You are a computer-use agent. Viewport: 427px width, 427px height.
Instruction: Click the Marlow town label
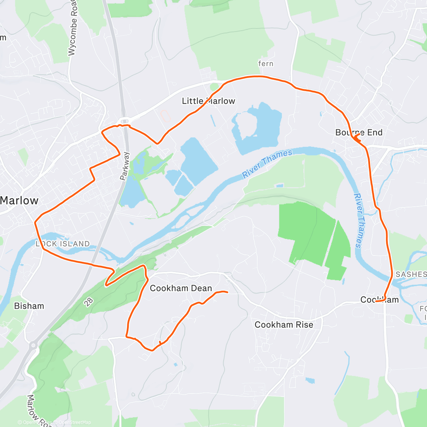click(x=19, y=200)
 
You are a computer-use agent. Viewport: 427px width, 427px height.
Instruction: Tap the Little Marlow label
click(x=209, y=101)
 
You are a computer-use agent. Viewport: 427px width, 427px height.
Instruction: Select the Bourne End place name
click(x=359, y=133)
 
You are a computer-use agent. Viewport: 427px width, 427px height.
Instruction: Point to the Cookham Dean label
click(x=181, y=288)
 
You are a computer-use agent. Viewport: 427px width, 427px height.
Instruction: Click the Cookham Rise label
click(x=284, y=325)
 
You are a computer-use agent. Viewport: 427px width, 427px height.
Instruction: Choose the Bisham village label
click(x=29, y=306)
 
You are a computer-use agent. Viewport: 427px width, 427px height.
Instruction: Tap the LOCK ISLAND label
click(x=63, y=244)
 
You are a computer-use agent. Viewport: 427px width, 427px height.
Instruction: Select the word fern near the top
click(x=266, y=64)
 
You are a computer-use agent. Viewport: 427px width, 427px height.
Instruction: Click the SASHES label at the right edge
click(x=411, y=274)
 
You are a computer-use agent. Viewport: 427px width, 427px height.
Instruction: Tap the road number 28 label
click(x=89, y=302)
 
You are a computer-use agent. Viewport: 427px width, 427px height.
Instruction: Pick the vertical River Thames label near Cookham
click(x=358, y=220)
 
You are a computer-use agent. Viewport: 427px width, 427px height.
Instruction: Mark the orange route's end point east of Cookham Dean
click(x=227, y=292)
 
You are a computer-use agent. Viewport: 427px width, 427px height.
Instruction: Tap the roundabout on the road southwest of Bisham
click(x=33, y=345)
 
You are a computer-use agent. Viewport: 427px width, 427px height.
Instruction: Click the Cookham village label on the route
click(x=379, y=300)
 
